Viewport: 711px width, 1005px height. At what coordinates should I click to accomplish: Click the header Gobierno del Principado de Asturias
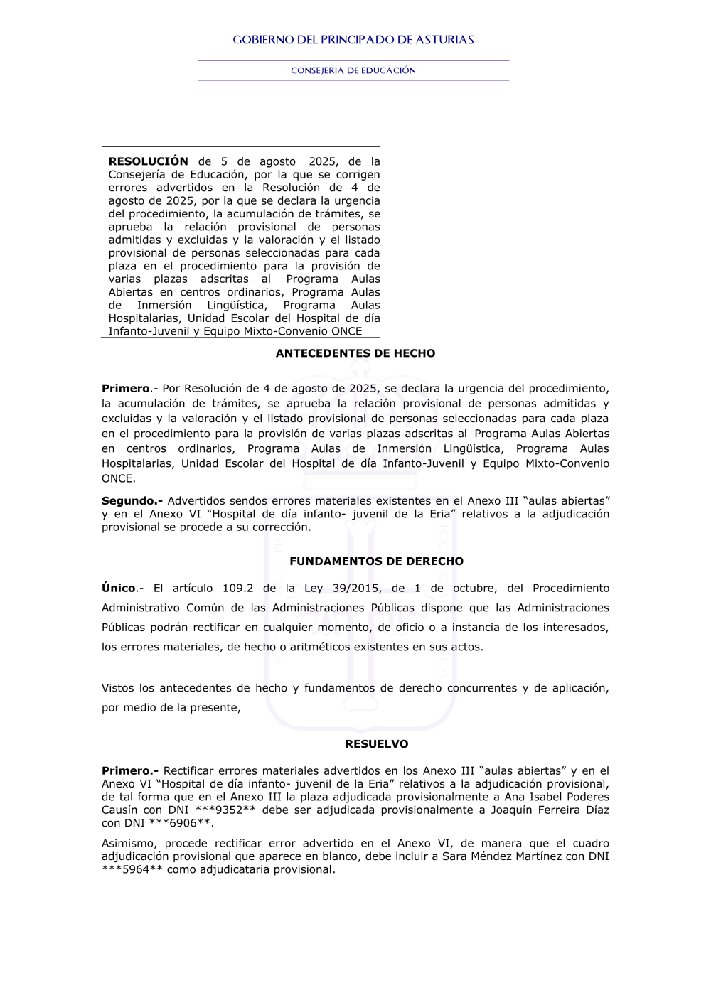tap(353, 40)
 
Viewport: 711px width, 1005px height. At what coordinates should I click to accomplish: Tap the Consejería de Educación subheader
tap(353, 70)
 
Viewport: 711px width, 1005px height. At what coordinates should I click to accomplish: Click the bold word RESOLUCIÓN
tap(148, 161)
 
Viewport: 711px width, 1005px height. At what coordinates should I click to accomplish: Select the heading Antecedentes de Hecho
tap(355, 353)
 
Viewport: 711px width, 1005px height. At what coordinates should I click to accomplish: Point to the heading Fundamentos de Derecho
tap(376, 561)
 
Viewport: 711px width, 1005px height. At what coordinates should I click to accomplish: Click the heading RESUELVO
tap(377, 744)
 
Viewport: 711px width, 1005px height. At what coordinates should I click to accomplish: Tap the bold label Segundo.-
tap(132, 501)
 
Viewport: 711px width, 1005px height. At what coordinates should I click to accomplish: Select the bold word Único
tap(119, 589)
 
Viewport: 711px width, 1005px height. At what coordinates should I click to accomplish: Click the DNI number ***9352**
tap(225, 810)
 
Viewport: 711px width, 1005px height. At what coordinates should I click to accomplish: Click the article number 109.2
tap(237, 589)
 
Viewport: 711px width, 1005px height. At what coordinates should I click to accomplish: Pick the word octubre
tap(474, 589)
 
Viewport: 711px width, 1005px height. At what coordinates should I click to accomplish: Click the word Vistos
tap(117, 688)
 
